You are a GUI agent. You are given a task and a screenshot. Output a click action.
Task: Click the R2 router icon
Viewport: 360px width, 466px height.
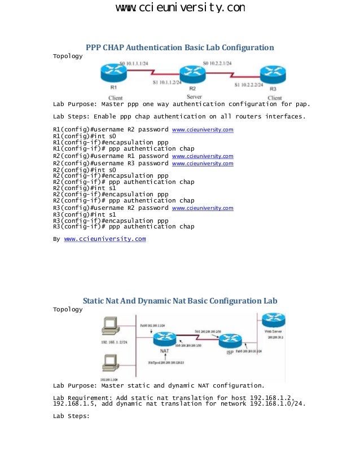192,74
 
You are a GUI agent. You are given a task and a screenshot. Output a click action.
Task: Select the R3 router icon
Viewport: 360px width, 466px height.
273,74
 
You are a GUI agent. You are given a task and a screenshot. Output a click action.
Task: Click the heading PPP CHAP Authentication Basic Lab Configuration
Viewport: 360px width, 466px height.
179,47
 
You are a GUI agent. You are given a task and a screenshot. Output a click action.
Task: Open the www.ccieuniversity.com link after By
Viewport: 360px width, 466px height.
105,239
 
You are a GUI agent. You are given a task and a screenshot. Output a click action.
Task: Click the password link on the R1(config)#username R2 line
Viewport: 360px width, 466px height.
202,130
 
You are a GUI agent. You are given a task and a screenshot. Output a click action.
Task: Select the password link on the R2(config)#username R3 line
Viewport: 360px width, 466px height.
202,164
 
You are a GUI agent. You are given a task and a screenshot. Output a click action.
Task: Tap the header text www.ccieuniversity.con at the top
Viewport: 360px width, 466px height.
180,8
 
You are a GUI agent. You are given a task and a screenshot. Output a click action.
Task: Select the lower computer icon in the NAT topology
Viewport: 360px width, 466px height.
109,362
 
